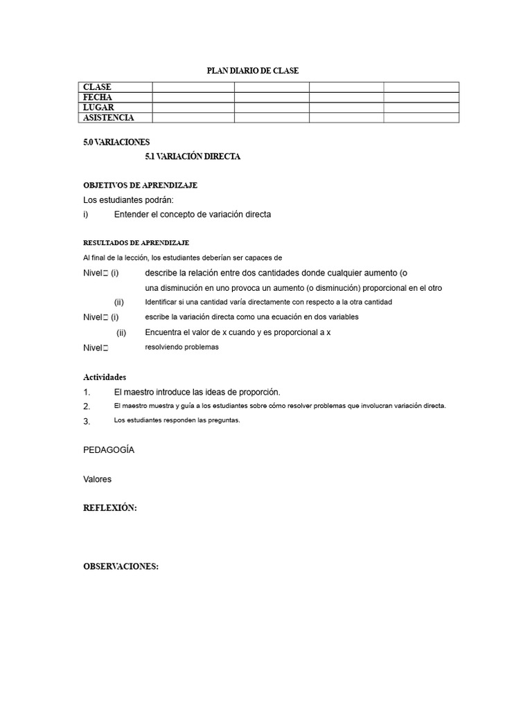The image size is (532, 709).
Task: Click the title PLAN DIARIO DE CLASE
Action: [x=253, y=71]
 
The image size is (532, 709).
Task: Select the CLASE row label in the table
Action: [x=97, y=87]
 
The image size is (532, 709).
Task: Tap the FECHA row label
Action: [x=98, y=98]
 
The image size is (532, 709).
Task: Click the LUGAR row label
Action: [x=98, y=108]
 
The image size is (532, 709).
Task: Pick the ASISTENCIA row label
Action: [x=109, y=118]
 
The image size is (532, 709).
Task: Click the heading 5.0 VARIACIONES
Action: [x=116, y=142]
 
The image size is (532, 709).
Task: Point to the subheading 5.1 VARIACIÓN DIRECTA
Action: [x=193, y=157]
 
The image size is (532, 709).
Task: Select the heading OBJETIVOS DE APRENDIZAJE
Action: [x=141, y=186]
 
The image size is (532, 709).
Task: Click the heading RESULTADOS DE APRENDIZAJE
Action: [x=136, y=243]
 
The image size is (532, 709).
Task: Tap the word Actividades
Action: [x=105, y=377]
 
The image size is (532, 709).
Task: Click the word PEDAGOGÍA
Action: [x=109, y=450]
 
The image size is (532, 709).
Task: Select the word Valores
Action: [x=97, y=479]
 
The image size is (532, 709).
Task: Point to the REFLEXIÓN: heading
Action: [x=110, y=508]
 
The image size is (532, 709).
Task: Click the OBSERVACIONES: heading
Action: [x=121, y=566]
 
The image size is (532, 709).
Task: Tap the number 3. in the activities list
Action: [x=87, y=421]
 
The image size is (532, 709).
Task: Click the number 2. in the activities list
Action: [x=87, y=406]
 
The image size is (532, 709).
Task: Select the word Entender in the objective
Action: [x=132, y=215]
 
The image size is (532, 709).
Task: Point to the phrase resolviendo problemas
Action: [x=181, y=347]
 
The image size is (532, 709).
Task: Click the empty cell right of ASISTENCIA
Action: [x=193, y=118]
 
